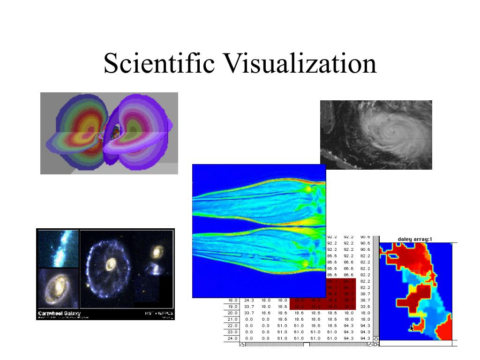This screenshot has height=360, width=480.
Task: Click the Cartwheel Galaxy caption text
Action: [x=59, y=313]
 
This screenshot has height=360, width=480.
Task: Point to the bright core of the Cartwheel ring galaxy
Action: [x=111, y=265]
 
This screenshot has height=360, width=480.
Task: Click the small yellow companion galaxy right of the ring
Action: [x=156, y=253]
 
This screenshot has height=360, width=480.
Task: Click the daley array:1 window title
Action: [x=415, y=239]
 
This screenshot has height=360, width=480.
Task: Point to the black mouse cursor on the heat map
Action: [x=412, y=328]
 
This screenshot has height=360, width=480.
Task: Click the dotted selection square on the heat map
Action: [x=414, y=275]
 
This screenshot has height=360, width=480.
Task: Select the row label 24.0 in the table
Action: [x=233, y=338]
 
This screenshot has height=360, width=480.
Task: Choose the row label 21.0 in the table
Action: [x=233, y=319]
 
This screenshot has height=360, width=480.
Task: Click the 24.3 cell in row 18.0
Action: [x=249, y=300]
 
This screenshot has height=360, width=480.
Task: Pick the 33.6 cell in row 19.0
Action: [x=365, y=306]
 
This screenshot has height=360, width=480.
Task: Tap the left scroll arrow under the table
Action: [x=242, y=345]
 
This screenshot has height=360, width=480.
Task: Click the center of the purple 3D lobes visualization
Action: [x=112, y=133]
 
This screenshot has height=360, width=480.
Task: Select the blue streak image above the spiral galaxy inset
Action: [x=58, y=248]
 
